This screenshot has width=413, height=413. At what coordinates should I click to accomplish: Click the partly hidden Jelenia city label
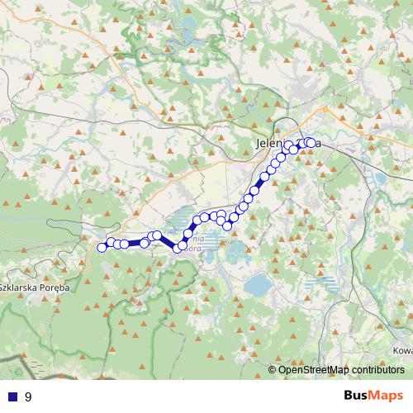click(273, 144)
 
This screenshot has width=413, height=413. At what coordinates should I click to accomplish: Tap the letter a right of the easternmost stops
click(318, 144)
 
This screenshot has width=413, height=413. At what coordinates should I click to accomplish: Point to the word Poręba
click(55, 287)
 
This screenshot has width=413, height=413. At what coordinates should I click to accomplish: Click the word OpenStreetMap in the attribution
click(316, 371)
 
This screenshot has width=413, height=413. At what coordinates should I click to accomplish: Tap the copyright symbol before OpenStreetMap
click(273, 371)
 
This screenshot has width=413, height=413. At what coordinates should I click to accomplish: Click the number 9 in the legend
click(29, 396)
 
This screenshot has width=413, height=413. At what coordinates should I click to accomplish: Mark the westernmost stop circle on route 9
click(102, 247)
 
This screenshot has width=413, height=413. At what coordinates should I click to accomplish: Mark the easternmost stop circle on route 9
click(311, 143)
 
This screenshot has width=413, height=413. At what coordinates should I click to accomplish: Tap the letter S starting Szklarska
click(2, 287)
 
